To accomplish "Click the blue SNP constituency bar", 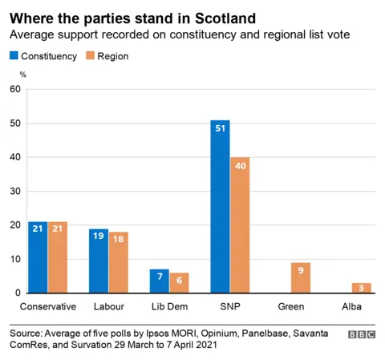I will [x=220, y=207].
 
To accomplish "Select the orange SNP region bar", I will [x=240, y=225].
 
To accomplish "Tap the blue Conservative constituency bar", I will [x=38, y=257].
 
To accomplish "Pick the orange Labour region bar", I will [x=119, y=262].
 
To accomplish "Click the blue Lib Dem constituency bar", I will [x=159, y=281].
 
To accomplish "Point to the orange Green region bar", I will [x=301, y=277].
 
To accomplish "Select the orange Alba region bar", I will [x=362, y=288].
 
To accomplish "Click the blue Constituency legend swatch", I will [x=13, y=56].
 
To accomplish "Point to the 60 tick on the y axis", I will [x=14, y=89].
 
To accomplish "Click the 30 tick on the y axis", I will [x=14, y=192].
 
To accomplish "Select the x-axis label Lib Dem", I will [x=169, y=307].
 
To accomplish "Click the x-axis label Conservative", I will [x=47, y=307].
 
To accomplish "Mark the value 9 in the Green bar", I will [x=301, y=271].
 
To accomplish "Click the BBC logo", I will [x=362, y=334].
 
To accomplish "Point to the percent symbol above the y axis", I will [x=22, y=75].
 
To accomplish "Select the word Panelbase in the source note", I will [x=262, y=332].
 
